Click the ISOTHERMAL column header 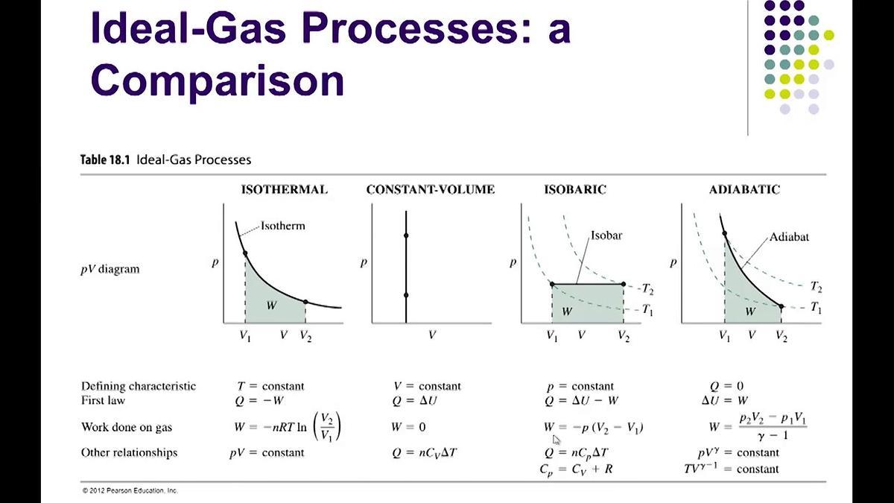(x=284, y=189)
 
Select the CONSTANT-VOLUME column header (x=430, y=189)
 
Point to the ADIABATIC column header (x=744, y=189)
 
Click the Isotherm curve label (x=282, y=225)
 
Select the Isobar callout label (x=606, y=235)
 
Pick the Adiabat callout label (x=789, y=237)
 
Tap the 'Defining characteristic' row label (x=139, y=386)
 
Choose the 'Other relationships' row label (x=129, y=452)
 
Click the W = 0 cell (x=408, y=428)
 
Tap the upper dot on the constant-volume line (x=406, y=235)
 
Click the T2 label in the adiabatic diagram (x=816, y=287)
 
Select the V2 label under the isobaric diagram (x=623, y=336)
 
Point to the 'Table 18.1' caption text (x=107, y=159)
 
